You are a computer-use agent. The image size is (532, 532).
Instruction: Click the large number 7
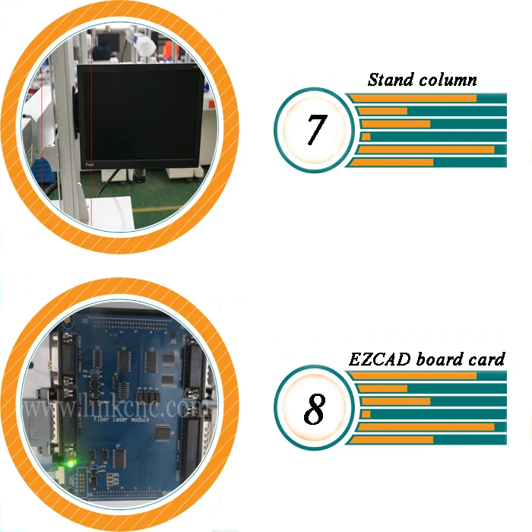tap(315, 129)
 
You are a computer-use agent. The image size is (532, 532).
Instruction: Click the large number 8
tap(314, 410)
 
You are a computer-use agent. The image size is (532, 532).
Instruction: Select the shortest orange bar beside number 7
tap(366, 137)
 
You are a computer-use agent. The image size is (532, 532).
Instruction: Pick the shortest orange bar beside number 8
tap(366, 414)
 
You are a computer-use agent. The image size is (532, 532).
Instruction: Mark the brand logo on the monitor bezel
tap(90, 162)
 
